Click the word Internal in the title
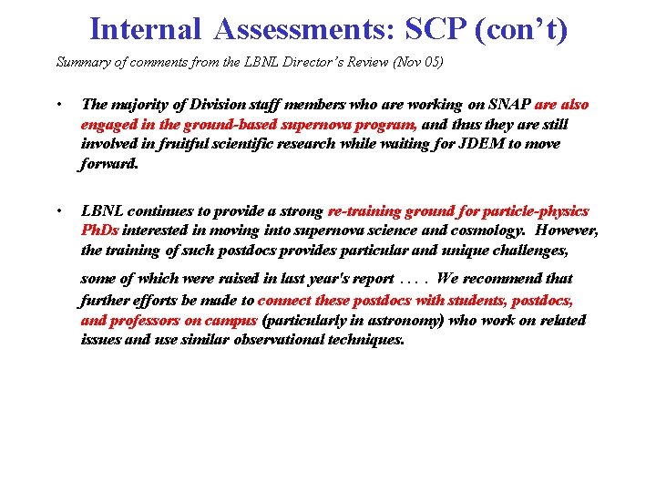coord(145,29)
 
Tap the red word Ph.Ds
coord(100,230)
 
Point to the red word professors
coord(149,320)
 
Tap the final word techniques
coord(362,339)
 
